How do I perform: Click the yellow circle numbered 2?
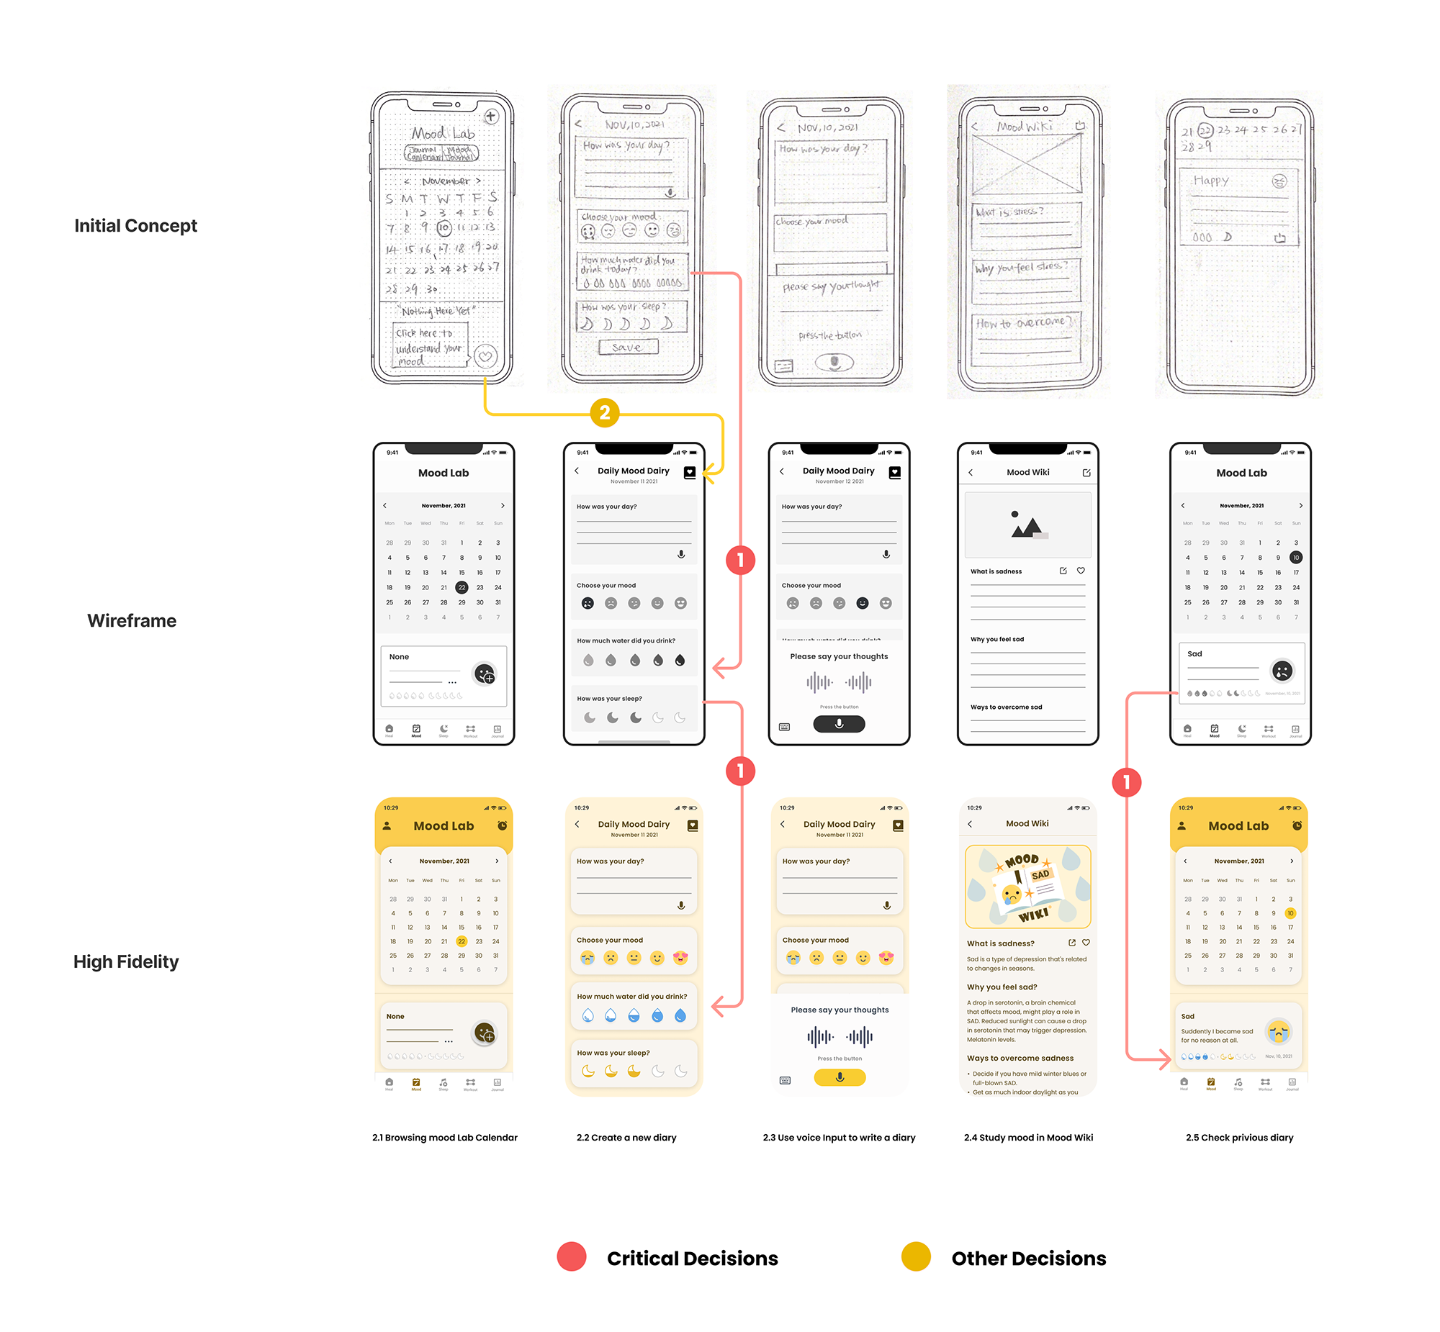click(604, 412)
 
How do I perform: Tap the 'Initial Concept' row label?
click(135, 226)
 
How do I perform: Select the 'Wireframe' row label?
click(132, 620)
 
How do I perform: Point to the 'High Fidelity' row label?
click(126, 961)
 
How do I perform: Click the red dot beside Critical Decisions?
click(572, 1257)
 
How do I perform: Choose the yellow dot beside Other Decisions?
click(916, 1257)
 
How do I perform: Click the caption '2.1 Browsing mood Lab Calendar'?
click(445, 1138)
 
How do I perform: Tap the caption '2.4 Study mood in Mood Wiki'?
click(1028, 1138)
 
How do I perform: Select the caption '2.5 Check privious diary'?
click(1240, 1138)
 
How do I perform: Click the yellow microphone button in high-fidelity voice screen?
click(840, 1077)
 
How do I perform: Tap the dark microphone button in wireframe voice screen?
click(839, 724)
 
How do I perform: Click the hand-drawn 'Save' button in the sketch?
click(627, 348)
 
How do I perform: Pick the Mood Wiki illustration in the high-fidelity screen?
click(1027, 887)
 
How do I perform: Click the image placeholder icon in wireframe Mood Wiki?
click(1027, 525)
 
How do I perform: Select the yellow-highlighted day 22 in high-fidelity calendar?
click(462, 941)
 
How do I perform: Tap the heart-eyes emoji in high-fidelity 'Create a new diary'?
click(680, 958)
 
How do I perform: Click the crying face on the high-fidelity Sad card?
click(1279, 1032)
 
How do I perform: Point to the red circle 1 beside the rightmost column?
click(1126, 782)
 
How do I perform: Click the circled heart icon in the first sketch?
click(486, 356)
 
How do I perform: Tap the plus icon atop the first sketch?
click(491, 116)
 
